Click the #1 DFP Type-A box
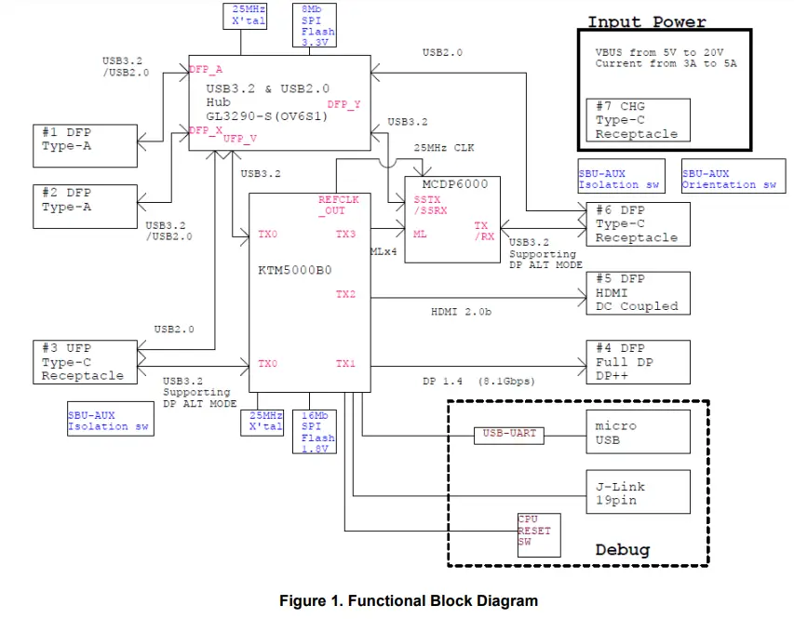(84, 140)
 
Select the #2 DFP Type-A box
(84, 200)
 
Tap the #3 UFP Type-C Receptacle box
(84, 362)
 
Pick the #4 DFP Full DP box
(638, 362)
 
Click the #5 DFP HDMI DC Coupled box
(638, 292)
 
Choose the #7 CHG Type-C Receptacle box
(638, 120)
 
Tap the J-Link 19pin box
(638, 492)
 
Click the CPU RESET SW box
(541, 534)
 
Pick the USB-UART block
(509, 434)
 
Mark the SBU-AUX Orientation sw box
(729, 179)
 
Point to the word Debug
(623, 550)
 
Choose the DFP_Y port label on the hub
(343, 105)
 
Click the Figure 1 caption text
(409, 600)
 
